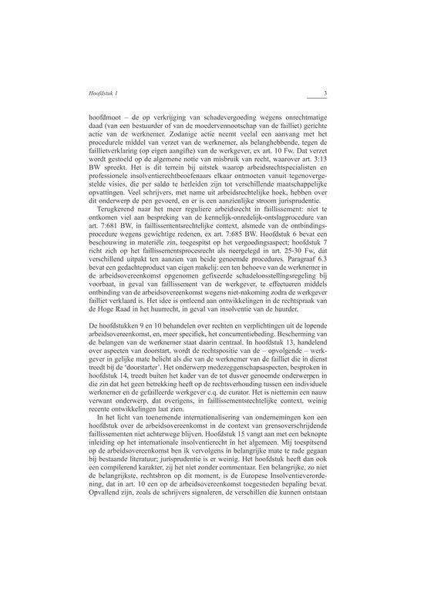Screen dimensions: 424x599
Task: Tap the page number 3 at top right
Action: (326, 94)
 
